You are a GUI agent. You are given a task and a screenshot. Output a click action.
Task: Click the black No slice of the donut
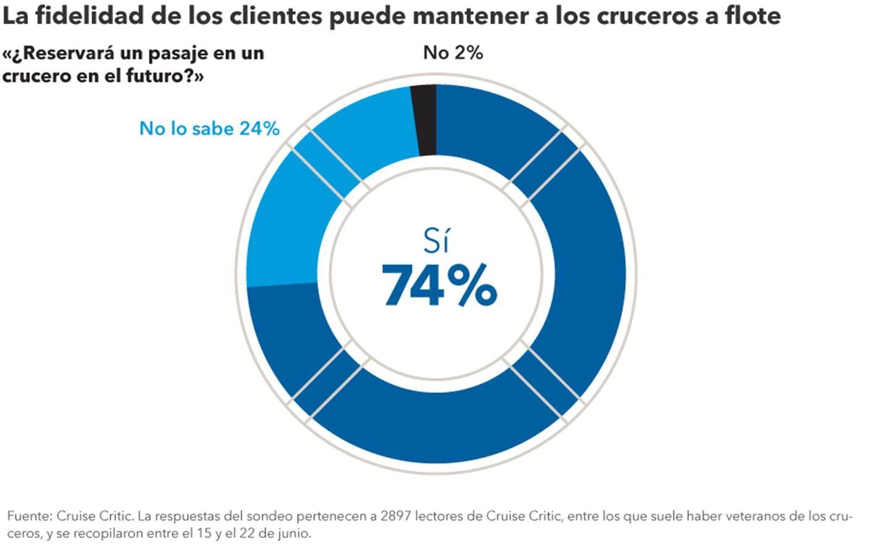[x=426, y=120]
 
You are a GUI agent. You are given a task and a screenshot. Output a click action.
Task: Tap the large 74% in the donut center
[x=439, y=285]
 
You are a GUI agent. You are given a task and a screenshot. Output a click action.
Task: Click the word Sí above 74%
[x=436, y=241]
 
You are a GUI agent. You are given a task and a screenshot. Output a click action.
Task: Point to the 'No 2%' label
[x=453, y=53]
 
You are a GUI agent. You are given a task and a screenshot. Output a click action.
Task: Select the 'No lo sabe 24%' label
[x=209, y=128]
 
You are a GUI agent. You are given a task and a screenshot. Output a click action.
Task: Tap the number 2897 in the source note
[x=396, y=516]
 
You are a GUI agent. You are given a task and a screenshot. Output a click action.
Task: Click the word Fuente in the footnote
[x=29, y=516]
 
